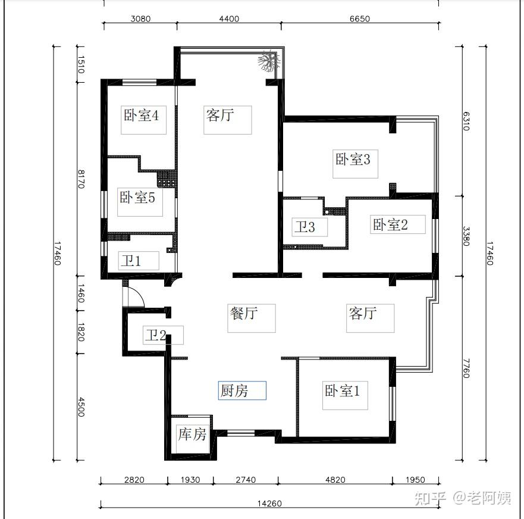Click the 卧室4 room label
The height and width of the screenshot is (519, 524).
pyautogui.click(x=141, y=115)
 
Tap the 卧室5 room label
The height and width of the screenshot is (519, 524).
pyautogui.click(x=137, y=197)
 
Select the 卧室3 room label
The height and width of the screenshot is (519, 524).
pyautogui.click(x=353, y=159)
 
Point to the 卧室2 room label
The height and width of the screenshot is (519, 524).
pyautogui.click(x=390, y=225)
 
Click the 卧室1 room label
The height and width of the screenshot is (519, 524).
pyautogui.click(x=342, y=390)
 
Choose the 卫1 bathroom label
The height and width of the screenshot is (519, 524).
pyautogui.click(x=131, y=261)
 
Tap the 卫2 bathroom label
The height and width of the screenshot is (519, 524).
pyautogui.click(x=156, y=334)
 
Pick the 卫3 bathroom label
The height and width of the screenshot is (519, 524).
pyautogui.click(x=305, y=227)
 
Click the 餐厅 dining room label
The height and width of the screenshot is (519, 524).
pyautogui.click(x=244, y=313)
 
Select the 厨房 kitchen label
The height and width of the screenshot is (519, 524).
pyautogui.click(x=234, y=390)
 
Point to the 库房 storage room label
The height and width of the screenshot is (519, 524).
pyautogui.click(x=192, y=434)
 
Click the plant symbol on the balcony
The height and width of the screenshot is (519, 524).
pyautogui.click(x=269, y=61)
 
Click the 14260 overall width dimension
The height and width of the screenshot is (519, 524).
pyautogui.click(x=269, y=504)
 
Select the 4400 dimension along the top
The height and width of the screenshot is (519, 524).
pyautogui.click(x=229, y=18)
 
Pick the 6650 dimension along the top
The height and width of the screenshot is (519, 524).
pyautogui.click(x=360, y=18)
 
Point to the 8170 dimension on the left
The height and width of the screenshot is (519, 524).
pyautogui.click(x=81, y=179)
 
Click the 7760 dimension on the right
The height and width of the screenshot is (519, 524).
pyautogui.click(x=466, y=368)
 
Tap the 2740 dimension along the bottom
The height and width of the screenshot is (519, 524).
pyautogui.click(x=246, y=480)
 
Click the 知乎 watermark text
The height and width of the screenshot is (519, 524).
pyautogui.click(x=430, y=498)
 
